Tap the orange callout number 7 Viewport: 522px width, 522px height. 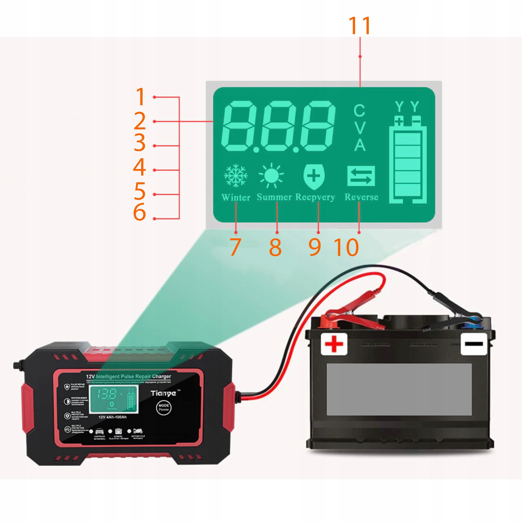(x=235, y=247)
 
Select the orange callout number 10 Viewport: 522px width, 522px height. (x=346, y=247)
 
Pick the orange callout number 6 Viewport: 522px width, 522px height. (x=139, y=212)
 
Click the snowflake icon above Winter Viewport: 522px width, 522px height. (x=236, y=175)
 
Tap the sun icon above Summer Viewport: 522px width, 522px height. (x=271, y=175)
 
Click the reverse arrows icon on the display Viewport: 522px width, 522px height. (x=361, y=176)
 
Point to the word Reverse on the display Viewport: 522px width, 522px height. (x=361, y=197)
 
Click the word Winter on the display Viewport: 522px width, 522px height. (x=236, y=197)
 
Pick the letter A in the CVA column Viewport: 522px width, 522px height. (x=360, y=145)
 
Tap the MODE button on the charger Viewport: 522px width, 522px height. (x=164, y=407)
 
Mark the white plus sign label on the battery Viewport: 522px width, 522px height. (x=334, y=344)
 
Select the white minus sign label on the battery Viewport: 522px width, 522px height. (x=474, y=344)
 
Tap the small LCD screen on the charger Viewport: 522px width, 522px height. (x=114, y=399)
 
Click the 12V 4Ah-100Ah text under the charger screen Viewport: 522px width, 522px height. (x=113, y=417)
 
